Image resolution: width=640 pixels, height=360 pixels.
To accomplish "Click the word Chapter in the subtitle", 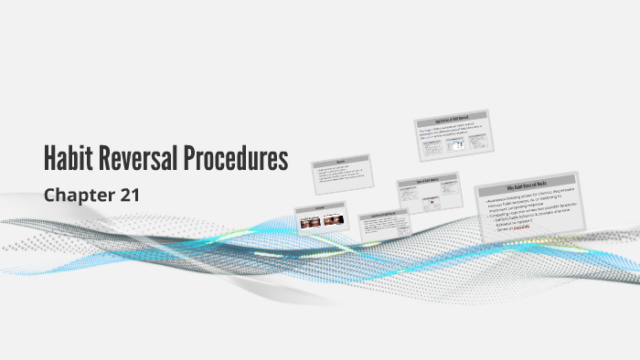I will [75, 194].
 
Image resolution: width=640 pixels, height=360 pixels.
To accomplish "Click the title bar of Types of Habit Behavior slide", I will [426, 179].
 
